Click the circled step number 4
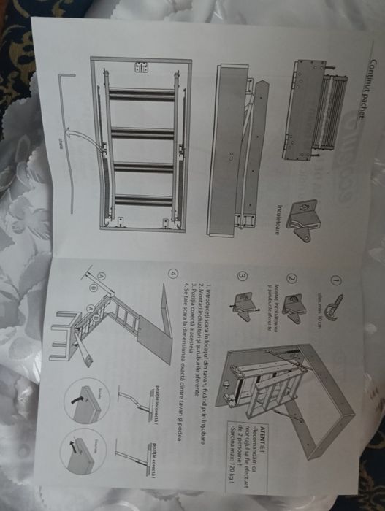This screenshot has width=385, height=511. (x=172, y=274)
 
